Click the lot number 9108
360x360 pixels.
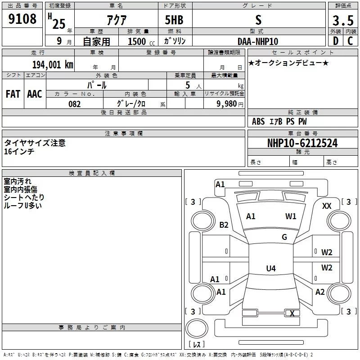(22, 19)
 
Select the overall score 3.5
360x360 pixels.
(343, 20)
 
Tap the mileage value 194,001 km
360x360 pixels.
(53, 64)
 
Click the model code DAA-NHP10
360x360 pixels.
(258, 41)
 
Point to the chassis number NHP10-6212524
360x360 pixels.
(302, 143)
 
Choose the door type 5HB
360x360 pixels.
(174, 20)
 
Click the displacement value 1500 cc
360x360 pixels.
(141, 41)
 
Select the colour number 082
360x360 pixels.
(75, 104)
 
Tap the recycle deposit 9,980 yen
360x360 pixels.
(230, 104)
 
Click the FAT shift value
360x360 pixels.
(13, 94)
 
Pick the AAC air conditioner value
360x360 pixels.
(35, 94)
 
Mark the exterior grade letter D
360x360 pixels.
(336, 41)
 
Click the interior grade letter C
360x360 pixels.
(350, 41)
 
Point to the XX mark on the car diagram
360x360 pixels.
(327, 206)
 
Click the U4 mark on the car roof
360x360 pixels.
(271, 268)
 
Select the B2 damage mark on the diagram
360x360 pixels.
(224, 225)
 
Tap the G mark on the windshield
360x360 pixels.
(284, 237)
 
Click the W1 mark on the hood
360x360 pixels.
(291, 216)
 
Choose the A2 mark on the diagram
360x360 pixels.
(320, 292)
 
